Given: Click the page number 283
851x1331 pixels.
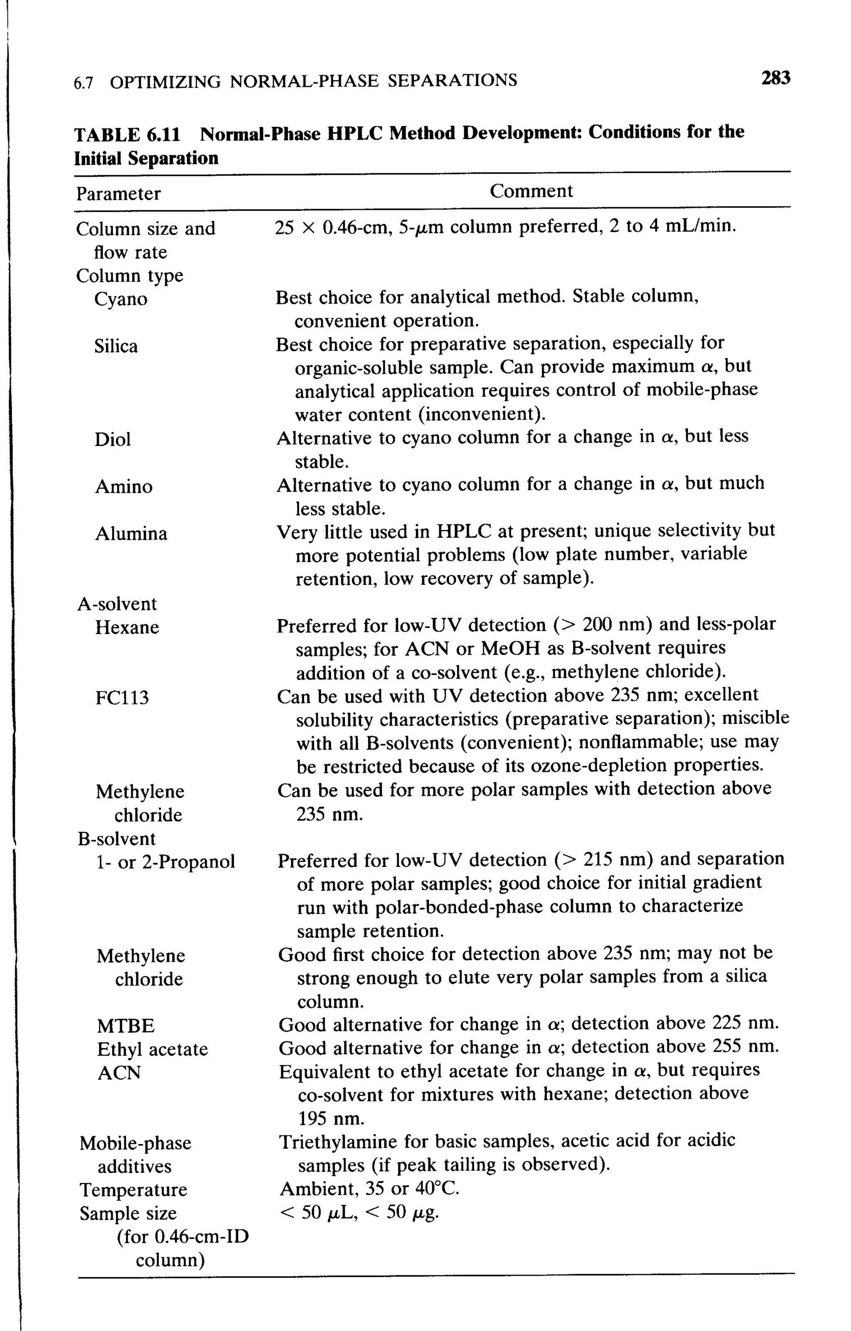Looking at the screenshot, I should (775, 78).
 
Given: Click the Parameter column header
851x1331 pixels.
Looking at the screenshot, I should (118, 194).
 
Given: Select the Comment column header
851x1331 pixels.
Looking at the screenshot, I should (531, 191).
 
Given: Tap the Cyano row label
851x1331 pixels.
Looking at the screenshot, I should (121, 299).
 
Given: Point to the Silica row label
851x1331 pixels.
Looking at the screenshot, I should (116, 346).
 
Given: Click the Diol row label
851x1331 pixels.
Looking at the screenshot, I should (113, 439).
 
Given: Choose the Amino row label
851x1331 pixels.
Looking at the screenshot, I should (124, 487).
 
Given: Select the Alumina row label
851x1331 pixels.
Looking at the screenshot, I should (131, 534).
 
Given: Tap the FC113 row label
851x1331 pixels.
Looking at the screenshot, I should (122, 698).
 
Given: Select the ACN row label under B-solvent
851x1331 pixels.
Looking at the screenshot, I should (119, 1072).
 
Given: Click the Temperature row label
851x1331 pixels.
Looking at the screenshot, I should (133, 1189).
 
